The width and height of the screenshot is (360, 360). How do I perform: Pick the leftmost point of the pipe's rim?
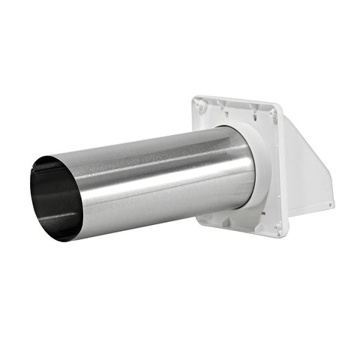coord(31,196)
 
